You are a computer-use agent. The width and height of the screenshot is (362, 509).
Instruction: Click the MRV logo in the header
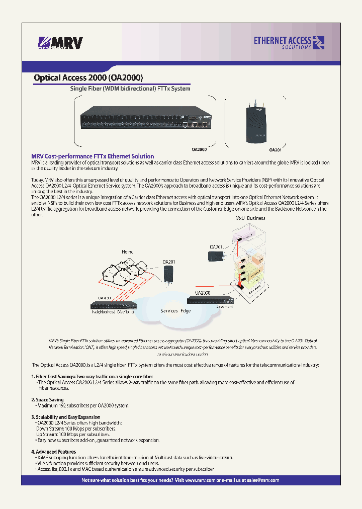(60, 43)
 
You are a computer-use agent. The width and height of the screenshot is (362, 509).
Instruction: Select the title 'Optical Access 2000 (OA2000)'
(88, 78)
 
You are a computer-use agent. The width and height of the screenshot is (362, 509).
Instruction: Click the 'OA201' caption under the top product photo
(275, 150)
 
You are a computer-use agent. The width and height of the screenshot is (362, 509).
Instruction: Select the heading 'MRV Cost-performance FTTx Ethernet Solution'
(93, 156)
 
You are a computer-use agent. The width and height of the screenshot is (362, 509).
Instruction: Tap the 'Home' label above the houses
(128, 251)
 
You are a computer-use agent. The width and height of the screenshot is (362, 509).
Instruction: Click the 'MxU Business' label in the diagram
(250, 218)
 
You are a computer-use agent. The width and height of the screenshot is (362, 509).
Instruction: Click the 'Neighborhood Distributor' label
(113, 312)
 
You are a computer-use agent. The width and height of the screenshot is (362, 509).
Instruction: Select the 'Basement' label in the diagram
(224, 306)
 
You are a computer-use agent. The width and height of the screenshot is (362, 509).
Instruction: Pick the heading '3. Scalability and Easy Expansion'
(65, 417)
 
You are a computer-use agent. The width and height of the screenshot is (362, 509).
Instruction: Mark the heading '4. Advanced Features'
(53, 452)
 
